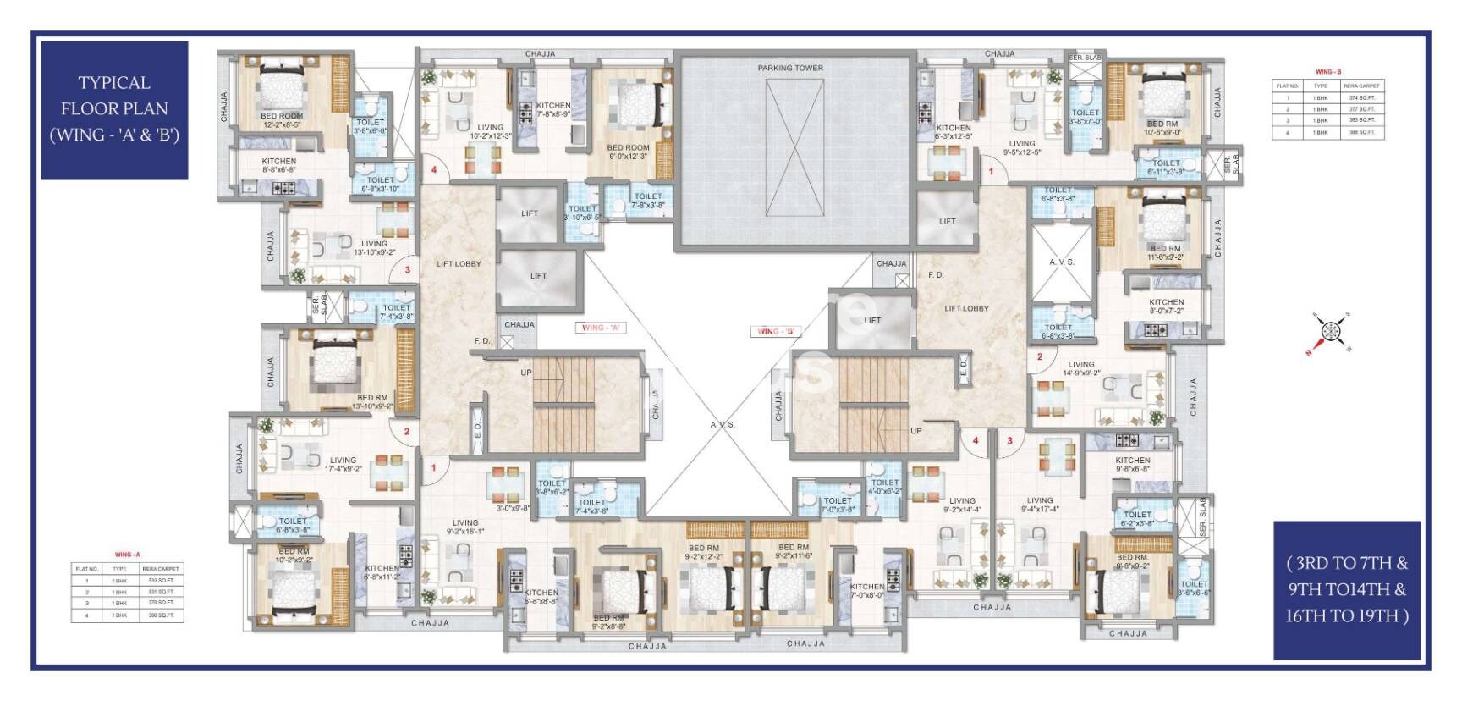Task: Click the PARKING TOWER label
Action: (x=789, y=68)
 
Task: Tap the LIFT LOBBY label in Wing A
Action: (x=459, y=264)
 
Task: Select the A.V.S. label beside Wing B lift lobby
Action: (x=1062, y=262)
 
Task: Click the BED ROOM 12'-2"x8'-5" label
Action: (x=282, y=120)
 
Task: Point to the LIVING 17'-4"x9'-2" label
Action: (x=343, y=465)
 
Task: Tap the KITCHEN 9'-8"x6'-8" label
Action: (x=1132, y=465)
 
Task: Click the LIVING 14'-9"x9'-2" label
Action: (x=1080, y=368)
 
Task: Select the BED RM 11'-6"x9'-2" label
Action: (x=1164, y=253)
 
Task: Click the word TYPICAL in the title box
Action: (x=114, y=83)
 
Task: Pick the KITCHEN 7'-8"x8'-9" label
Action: (x=553, y=109)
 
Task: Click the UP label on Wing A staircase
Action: (x=526, y=373)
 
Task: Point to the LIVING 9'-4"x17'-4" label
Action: (x=1040, y=505)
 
